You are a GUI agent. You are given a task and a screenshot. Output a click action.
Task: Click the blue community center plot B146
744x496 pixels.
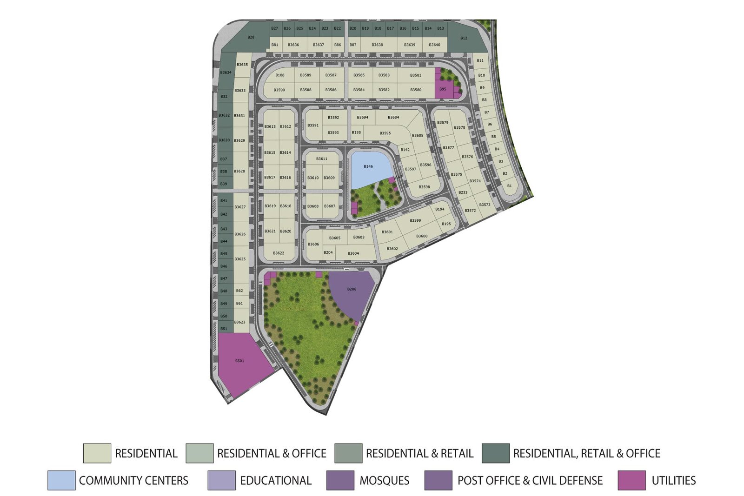pyautogui.click(x=368, y=167)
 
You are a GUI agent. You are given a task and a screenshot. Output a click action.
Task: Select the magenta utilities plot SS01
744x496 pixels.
pyautogui.click(x=239, y=361)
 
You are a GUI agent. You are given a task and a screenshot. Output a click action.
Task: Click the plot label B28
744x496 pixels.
pyautogui.click(x=251, y=37)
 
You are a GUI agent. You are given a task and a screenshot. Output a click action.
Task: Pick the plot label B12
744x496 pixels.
pyautogui.click(x=464, y=38)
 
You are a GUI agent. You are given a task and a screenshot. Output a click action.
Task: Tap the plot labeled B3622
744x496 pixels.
pyautogui.click(x=279, y=253)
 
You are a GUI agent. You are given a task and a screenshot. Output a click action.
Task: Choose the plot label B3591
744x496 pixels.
pyautogui.click(x=313, y=126)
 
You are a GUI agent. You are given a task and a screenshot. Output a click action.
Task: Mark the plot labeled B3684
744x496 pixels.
pyautogui.click(x=393, y=118)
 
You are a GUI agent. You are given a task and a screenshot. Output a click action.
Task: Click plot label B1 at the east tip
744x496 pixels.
pyautogui.click(x=509, y=186)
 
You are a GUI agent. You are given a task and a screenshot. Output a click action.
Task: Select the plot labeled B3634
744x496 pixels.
pyautogui.click(x=226, y=73)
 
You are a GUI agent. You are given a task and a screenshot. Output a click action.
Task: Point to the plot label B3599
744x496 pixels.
pyautogui.click(x=415, y=221)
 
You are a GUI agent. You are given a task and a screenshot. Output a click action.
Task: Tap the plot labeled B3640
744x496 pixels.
pyautogui.click(x=434, y=45)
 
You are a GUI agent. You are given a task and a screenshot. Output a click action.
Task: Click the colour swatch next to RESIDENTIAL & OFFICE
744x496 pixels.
pyautogui.click(x=199, y=453)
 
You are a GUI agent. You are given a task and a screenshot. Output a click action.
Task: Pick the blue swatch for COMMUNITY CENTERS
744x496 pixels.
pyautogui.click(x=61, y=480)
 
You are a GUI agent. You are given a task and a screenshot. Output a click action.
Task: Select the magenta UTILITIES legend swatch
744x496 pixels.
pyautogui.click(x=631, y=480)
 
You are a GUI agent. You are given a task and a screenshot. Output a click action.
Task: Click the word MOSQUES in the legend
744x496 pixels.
pyautogui.click(x=384, y=481)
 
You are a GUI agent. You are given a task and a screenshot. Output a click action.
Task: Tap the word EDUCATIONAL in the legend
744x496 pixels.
pyautogui.click(x=276, y=481)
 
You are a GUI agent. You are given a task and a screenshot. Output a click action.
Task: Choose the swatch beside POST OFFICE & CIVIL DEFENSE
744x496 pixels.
pyautogui.click(x=438, y=480)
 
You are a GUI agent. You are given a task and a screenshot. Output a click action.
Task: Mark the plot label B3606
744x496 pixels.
pyautogui.click(x=313, y=245)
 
